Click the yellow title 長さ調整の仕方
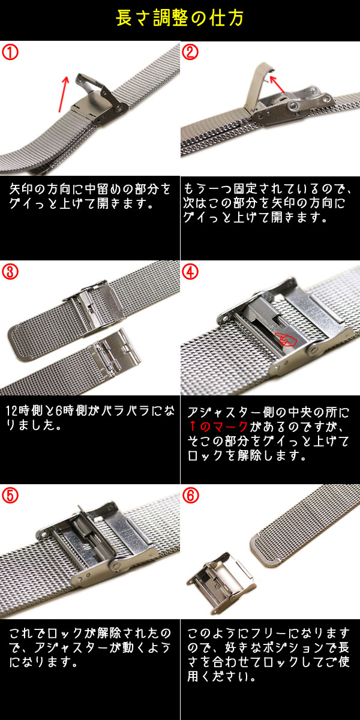pyautogui.click(x=179, y=19)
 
